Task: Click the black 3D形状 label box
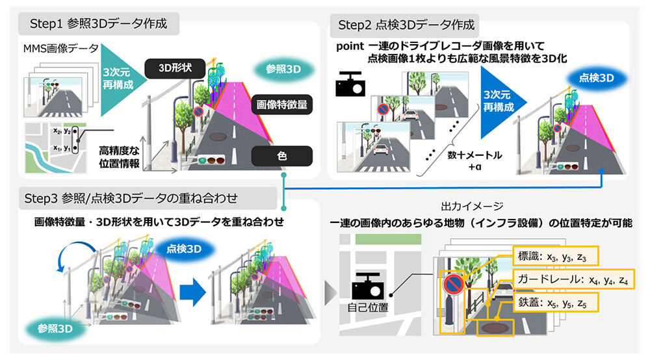coord(174,67)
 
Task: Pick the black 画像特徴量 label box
coord(281,103)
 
